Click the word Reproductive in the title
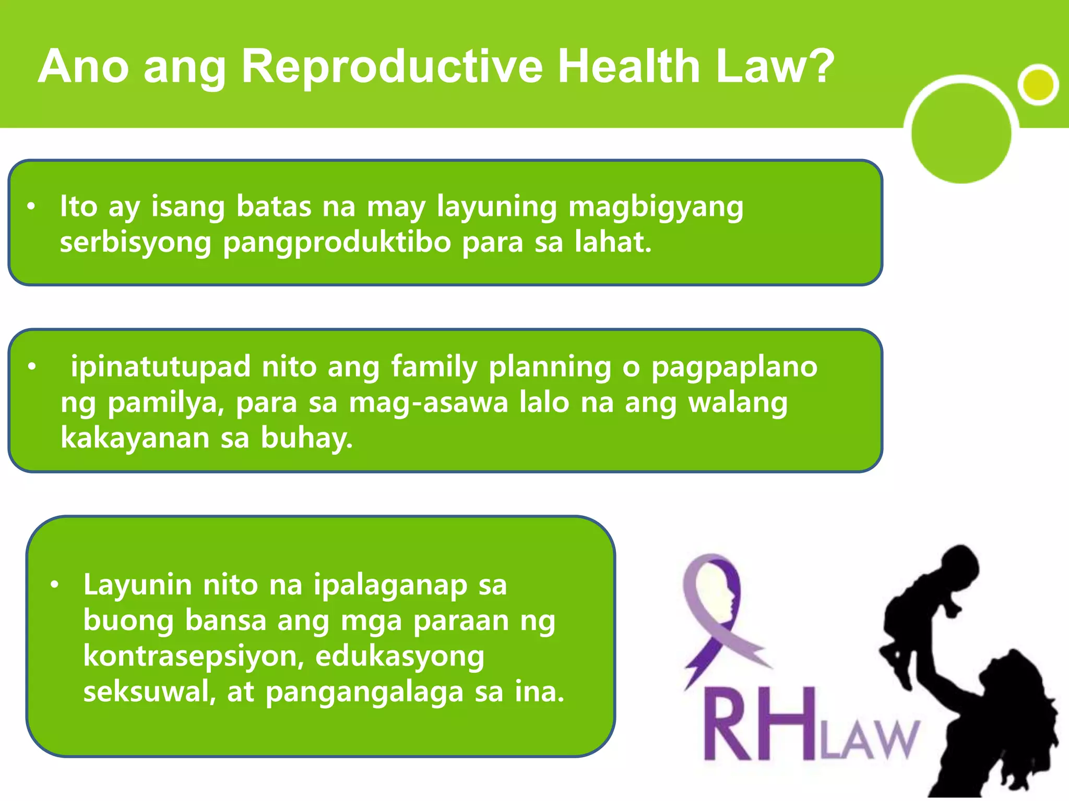391,67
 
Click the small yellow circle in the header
1038,84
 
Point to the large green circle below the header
961,133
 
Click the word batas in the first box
274,207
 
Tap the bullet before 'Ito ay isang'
31,207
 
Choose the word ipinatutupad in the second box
160,367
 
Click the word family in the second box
434,367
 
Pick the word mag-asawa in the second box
428,403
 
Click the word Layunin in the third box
137,585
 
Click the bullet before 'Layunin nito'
54,585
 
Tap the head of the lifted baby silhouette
959,566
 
